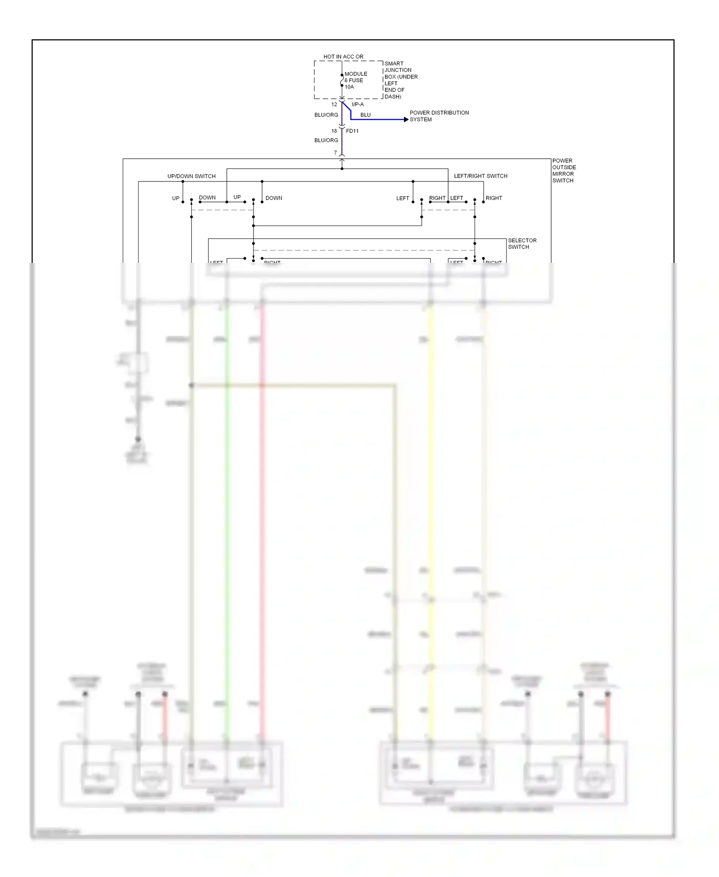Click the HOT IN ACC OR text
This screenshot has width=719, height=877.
pyautogui.click(x=343, y=57)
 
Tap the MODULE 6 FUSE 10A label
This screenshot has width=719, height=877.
pyautogui.click(x=356, y=81)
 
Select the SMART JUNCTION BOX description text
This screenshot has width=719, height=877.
pyautogui.click(x=401, y=80)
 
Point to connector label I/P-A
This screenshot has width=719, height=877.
pyautogui.click(x=358, y=105)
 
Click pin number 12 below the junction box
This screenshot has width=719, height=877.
pyautogui.click(x=334, y=105)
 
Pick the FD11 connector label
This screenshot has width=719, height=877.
pyautogui.click(x=352, y=131)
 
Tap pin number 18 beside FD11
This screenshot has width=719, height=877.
pyautogui.click(x=334, y=131)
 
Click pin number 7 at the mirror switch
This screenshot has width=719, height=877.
pyautogui.click(x=336, y=153)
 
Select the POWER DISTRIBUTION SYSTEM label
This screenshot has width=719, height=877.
pyautogui.click(x=439, y=116)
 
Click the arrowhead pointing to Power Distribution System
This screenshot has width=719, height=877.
pyautogui.click(x=406, y=119)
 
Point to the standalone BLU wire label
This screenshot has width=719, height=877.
pyautogui.click(x=365, y=115)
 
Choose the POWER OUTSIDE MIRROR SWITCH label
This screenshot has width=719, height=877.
pyautogui.click(x=564, y=171)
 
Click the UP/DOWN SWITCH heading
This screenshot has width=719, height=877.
pyautogui.click(x=191, y=177)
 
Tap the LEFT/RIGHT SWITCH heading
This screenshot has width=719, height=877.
pyautogui.click(x=480, y=176)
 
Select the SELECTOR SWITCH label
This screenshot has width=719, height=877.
pyautogui.click(x=522, y=244)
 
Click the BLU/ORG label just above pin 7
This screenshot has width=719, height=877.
pyautogui.click(x=326, y=141)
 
